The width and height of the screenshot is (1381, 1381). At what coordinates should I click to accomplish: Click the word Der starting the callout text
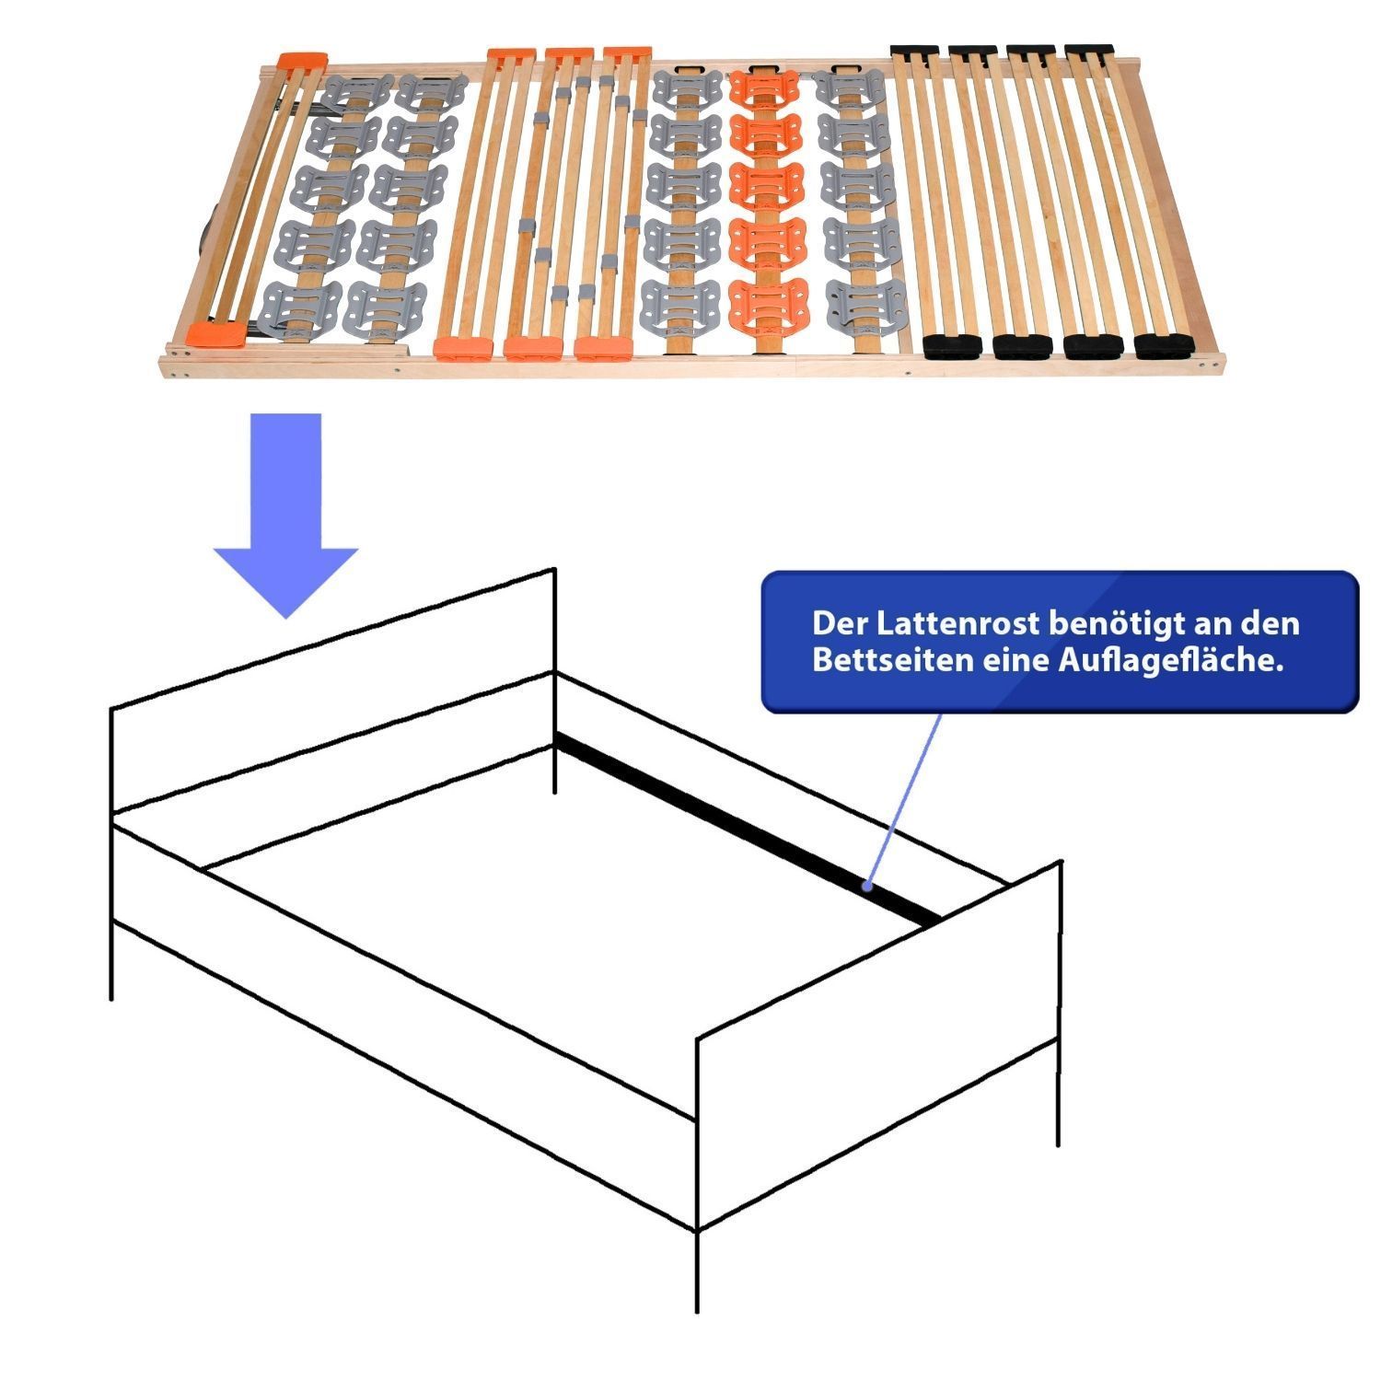pyautogui.click(x=840, y=623)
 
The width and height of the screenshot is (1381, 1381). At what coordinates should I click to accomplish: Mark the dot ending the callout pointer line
pyautogui.click(x=867, y=887)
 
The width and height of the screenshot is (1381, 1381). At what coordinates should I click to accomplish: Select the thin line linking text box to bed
pyautogui.click(x=904, y=799)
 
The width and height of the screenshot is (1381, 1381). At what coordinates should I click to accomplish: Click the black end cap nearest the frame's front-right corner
pyautogui.click(x=1163, y=346)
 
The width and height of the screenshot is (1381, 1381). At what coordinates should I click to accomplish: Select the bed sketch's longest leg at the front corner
pyautogui.click(x=697, y=1271)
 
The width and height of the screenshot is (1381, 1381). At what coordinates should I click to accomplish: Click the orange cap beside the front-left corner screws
pyautogui.click(x=216, y=332)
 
